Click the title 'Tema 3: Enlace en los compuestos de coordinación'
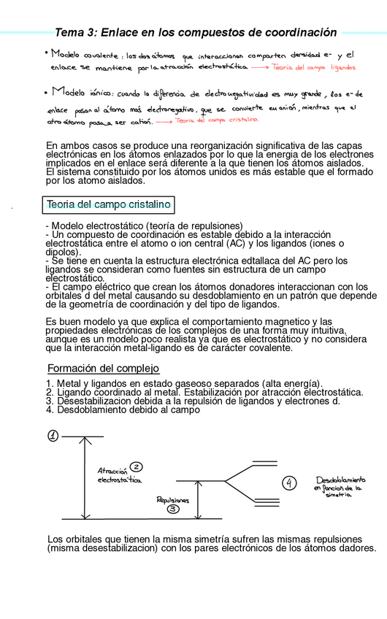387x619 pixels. click(196, 33)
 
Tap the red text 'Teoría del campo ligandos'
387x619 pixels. click(313, 68)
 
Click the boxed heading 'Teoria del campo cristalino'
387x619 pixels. click(107, 204)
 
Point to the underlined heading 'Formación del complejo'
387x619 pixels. click(103, 369)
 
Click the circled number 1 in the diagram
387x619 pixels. click(53, 436)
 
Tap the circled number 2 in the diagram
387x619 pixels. click(136, 467)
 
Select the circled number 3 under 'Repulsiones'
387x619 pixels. click(173, 510)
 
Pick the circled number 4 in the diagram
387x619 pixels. click(290, 482)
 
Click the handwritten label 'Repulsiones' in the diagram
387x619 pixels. click(173, 499)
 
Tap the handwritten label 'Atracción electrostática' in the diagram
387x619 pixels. click(118, 476)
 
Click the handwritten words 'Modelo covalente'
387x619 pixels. click(84, 53)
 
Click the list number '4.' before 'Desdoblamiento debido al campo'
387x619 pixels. click(50, 410)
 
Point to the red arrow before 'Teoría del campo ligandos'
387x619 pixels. click(259, 68)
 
